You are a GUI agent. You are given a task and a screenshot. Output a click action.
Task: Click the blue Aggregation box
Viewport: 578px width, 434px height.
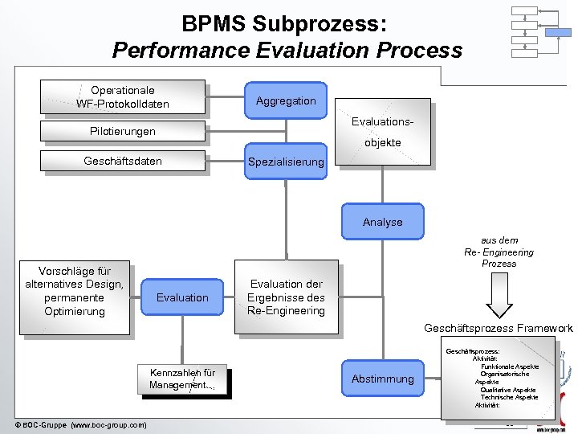coord(286,100)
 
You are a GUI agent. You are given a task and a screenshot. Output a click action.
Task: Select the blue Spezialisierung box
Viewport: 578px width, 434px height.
coord(286,162)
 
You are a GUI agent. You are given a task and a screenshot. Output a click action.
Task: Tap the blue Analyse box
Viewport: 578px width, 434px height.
coord(382,222)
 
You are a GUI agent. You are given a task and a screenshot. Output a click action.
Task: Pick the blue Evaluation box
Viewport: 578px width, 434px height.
coord(182,297)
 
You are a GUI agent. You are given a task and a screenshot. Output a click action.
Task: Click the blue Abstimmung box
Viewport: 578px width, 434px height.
coord(382,379)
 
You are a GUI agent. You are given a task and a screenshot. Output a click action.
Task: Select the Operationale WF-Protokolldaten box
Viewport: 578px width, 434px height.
coord(123,97)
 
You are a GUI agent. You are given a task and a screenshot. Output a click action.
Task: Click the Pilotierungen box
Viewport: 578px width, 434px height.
coord(123,131)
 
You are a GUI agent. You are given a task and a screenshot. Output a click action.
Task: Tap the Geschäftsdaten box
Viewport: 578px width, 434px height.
coord(123,162)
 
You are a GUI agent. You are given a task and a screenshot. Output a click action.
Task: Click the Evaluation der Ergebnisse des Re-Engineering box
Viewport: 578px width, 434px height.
coord(286,297)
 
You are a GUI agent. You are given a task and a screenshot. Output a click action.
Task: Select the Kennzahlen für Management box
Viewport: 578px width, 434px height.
coord(182,379)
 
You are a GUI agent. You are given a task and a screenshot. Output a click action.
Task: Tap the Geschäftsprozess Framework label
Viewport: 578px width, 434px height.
coord(499,328)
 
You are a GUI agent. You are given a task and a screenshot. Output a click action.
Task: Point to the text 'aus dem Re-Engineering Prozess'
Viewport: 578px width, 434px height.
coord(499,252)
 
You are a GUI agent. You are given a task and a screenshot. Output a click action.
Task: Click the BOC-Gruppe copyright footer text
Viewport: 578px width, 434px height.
coord(80,424)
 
